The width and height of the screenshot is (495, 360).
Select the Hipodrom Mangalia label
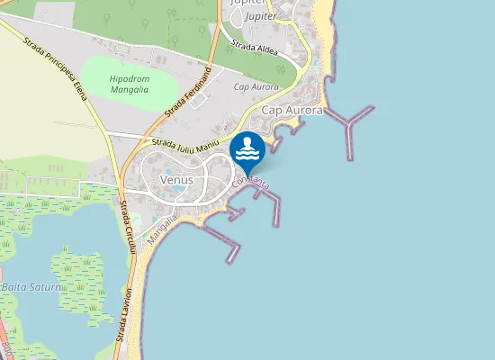point(129,85)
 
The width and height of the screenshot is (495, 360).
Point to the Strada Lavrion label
point(123,314)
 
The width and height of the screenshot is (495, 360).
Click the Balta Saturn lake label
point(31,287)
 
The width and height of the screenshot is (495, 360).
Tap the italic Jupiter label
point(261,16)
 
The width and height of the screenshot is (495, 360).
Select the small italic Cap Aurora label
point(256,86)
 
